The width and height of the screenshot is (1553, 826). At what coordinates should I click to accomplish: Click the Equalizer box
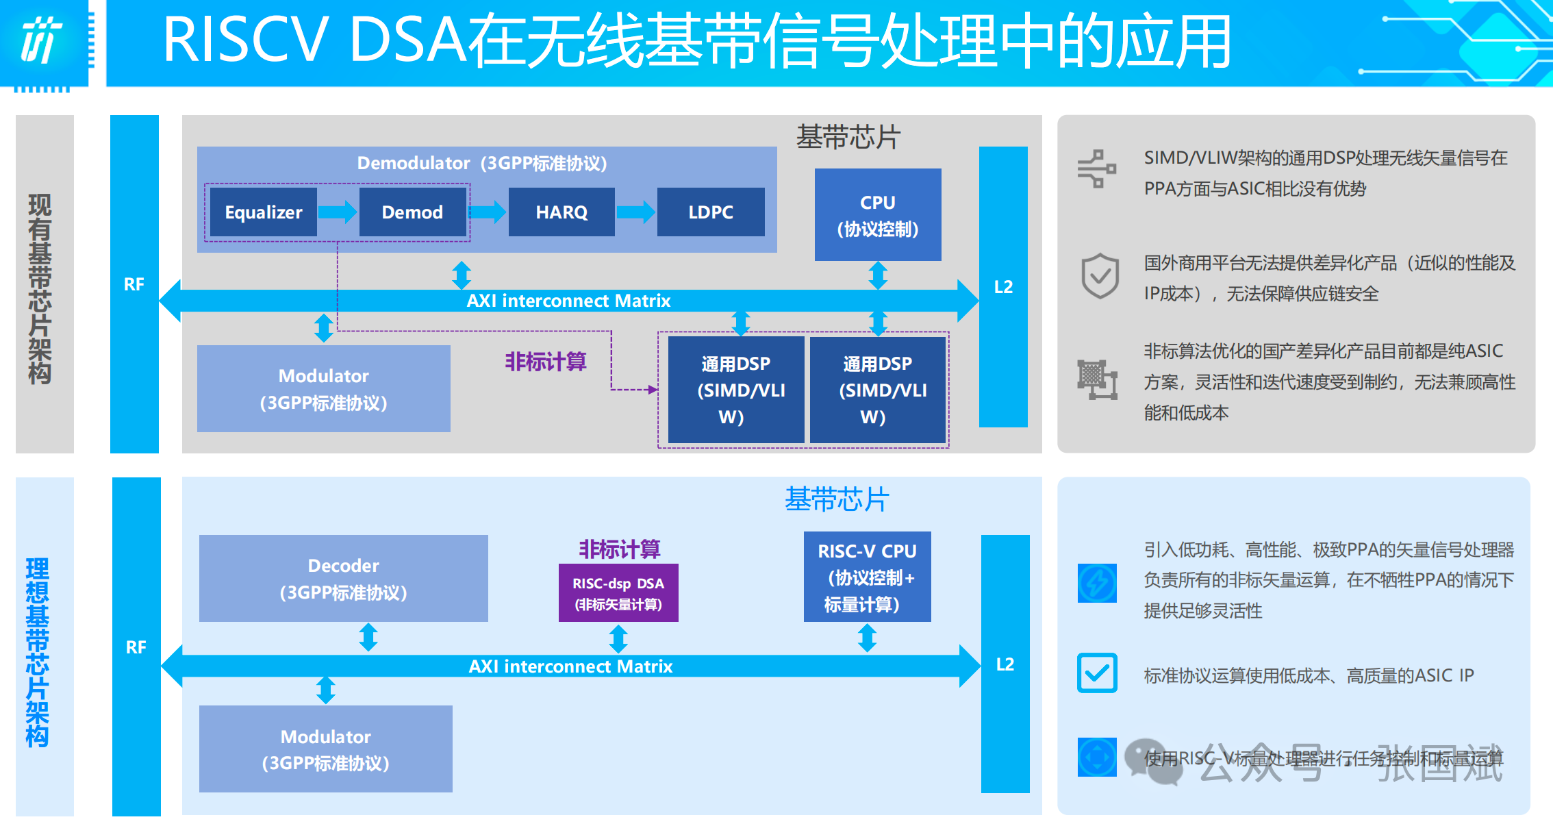point(264,212)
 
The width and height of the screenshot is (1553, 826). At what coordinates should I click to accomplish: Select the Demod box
point(412,212)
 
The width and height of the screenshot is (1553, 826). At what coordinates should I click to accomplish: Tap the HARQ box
point(561,212)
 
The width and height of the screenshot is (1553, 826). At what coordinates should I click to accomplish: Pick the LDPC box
point(711,212)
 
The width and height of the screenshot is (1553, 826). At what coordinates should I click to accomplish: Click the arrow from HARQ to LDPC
point(635,212)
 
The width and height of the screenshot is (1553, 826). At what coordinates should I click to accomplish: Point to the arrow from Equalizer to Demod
point(338,212)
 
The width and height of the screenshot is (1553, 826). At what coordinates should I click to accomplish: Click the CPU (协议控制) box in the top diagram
point(878,215)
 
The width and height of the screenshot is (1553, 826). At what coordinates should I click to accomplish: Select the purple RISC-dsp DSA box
point(618,593)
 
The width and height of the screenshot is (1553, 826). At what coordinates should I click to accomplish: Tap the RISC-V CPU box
point(867,577)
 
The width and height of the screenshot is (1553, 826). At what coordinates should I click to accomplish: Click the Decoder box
point(343,578)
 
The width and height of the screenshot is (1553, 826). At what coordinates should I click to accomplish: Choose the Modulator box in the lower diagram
point(325,749)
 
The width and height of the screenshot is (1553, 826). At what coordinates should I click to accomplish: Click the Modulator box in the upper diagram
point(323,388)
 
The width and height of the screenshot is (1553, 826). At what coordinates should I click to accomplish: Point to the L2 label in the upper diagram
point(1003,287)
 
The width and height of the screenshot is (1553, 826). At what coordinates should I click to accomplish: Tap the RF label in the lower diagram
point(136,647)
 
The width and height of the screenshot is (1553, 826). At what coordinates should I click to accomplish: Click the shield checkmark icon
point(1100,276)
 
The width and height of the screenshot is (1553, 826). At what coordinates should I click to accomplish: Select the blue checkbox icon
point(1097,673)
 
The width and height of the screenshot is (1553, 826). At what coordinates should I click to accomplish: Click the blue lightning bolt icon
point(1097,583)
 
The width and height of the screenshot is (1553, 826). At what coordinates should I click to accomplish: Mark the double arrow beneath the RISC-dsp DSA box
point(618,639)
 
